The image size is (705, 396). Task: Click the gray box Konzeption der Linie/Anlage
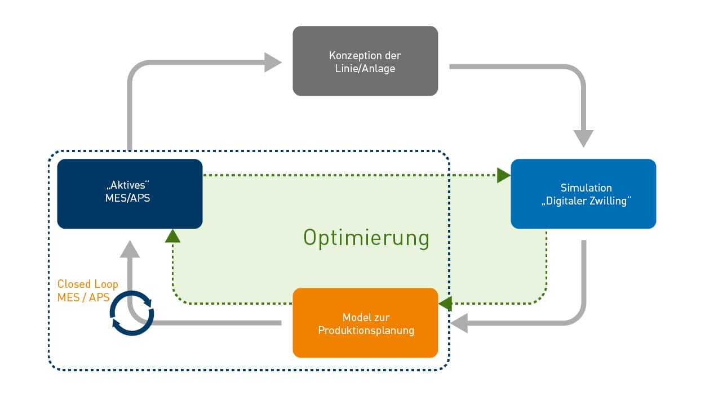365,61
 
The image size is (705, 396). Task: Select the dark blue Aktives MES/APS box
130,194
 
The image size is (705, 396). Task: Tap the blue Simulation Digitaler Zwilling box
583,194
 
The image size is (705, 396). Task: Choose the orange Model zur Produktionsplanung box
365,323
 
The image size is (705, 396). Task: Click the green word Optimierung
366,238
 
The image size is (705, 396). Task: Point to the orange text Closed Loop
87,284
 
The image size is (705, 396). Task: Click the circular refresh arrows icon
132,313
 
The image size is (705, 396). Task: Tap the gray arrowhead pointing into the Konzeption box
273,63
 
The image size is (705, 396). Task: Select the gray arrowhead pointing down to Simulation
583,139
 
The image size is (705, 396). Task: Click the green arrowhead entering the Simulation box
504,175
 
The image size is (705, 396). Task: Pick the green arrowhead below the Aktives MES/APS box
172,236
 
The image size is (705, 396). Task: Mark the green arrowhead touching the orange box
445,304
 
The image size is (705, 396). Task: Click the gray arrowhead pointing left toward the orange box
459,323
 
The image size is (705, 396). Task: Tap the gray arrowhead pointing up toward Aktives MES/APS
130,250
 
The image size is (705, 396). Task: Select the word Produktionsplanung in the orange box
366,330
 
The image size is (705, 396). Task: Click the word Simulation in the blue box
586,188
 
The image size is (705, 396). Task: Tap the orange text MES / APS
83,297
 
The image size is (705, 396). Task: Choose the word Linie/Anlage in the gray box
365,69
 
